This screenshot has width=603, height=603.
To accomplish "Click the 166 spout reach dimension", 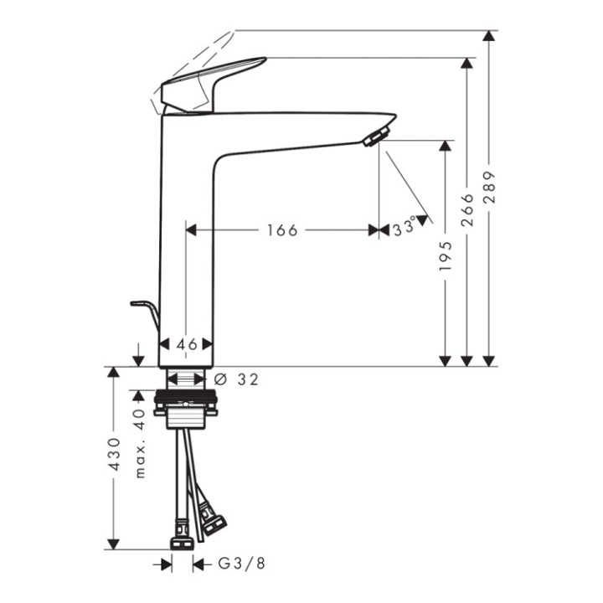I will [x=281, y=230].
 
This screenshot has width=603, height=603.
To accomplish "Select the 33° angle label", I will [x=404, y=227].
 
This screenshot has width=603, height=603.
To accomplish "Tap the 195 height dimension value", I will [x=446, y=255].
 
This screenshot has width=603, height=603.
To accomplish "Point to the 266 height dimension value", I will [x=467, y=209].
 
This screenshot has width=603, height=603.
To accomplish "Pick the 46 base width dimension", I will [x=188, y=344].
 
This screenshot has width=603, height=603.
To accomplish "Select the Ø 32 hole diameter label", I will [x=236, y=379].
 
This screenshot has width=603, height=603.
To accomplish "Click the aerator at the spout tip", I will [x=376, y=135].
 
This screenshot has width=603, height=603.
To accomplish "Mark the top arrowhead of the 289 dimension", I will [x=490, y=38].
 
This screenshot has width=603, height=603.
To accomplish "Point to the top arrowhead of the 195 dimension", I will [x=446, y=147].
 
